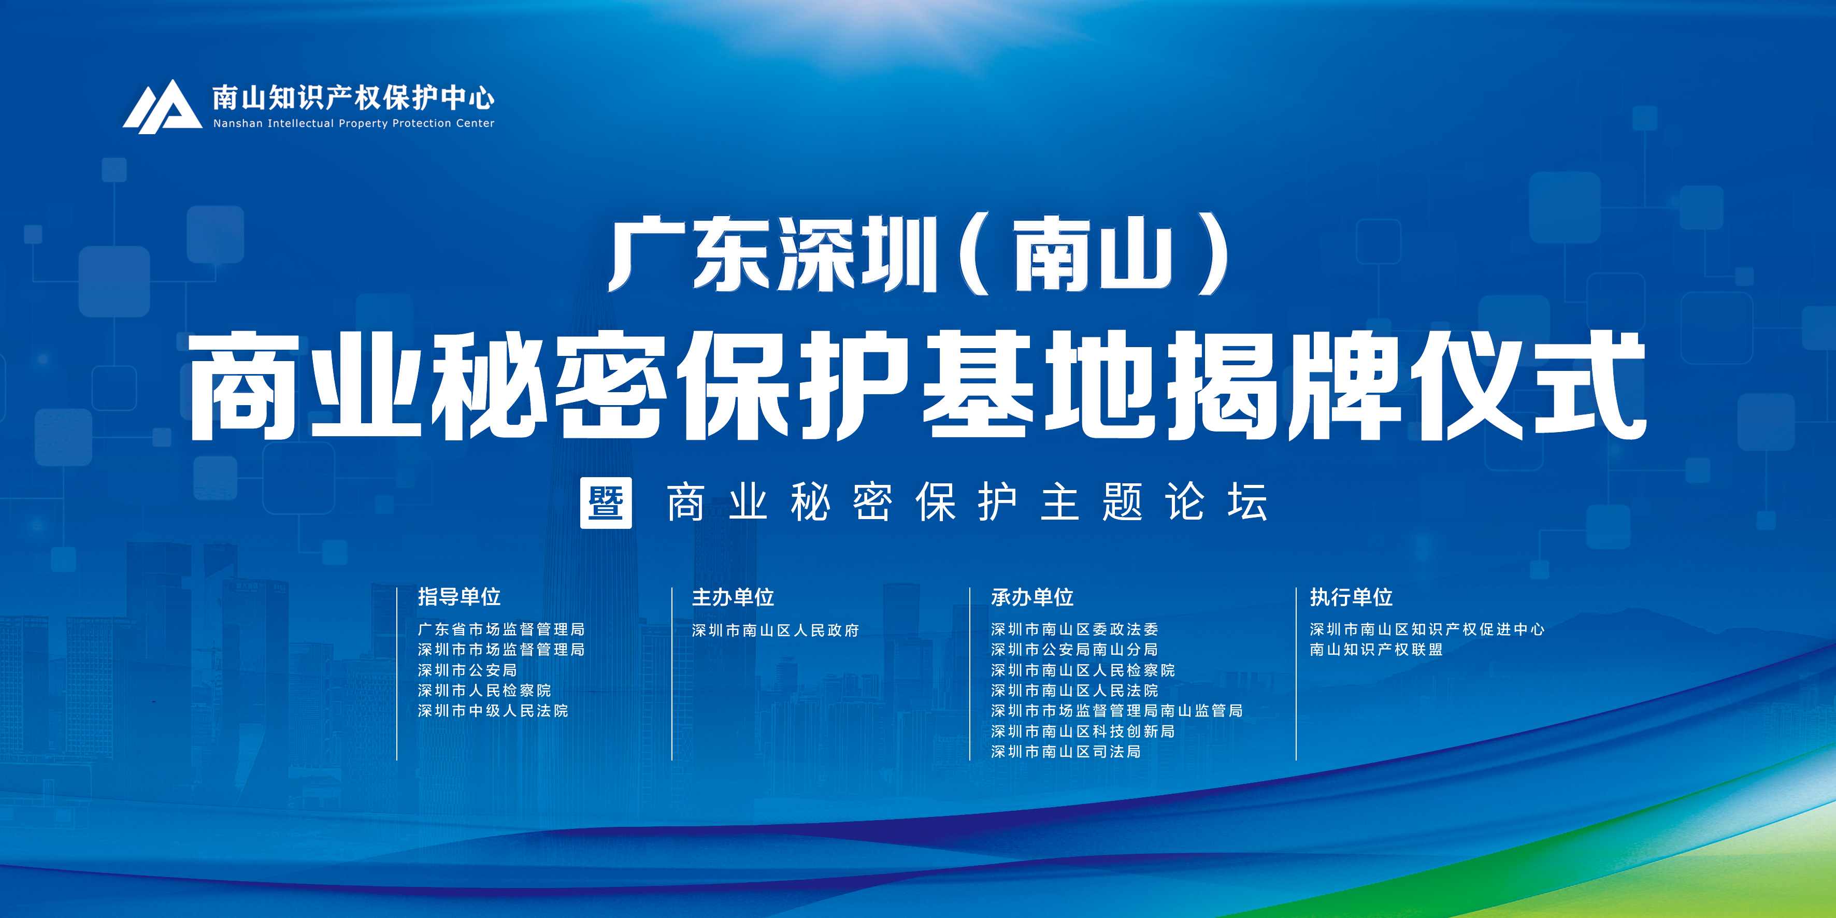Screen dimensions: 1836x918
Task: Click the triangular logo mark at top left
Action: [163, 107]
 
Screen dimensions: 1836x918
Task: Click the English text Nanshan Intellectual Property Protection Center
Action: [353, 123]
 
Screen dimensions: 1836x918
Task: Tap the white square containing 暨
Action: [606, 503]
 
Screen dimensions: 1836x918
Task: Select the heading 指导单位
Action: [459, 597]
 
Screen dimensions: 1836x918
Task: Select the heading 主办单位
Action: [733, 597]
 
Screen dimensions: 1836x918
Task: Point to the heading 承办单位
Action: [1032, 597]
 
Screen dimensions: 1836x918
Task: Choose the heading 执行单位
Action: [1351, 597]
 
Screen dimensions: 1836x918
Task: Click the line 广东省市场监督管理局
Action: [501, 629]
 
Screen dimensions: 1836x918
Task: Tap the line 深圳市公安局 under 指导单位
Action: [468, 670]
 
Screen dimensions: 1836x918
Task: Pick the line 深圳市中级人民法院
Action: [493, 711]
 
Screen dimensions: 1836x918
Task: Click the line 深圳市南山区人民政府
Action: [776, 630]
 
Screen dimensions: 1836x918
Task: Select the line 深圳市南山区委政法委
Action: [1075, 629]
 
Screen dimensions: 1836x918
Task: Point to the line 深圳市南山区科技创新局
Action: [1083, 731]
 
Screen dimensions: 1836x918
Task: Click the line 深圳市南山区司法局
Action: [1066, 751]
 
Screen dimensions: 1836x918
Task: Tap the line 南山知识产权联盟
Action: [1376, 649]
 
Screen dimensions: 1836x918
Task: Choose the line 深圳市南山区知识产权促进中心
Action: [1427, 629]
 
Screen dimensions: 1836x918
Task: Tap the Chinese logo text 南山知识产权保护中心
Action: [353, 97]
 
